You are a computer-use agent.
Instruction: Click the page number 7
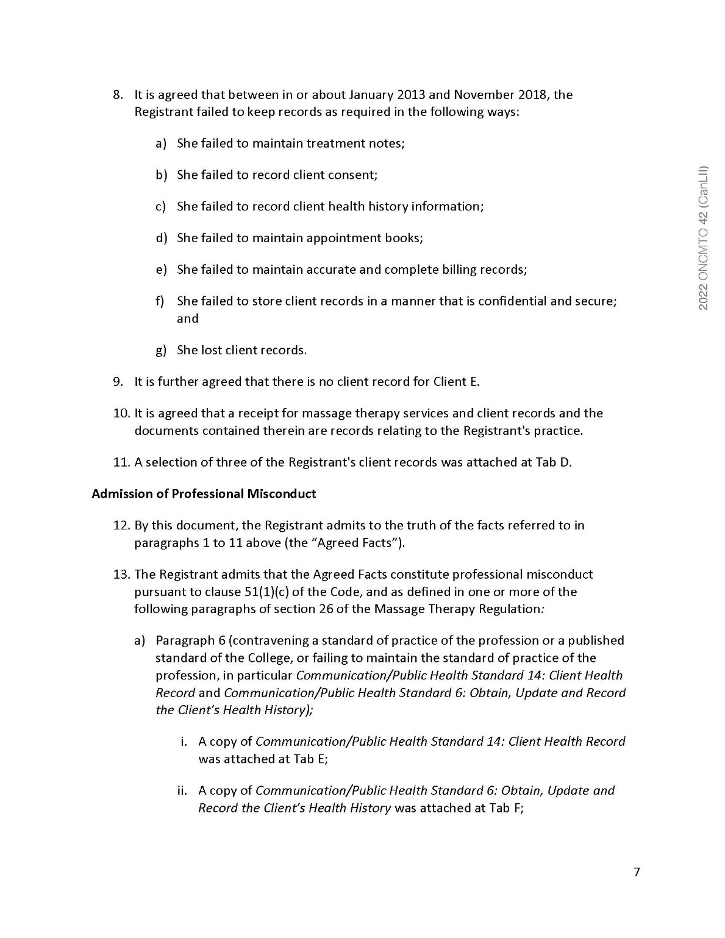coord(637,872)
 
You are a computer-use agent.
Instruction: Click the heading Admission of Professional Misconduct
coord(204,494)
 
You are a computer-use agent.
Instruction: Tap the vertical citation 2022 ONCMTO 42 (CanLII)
coord(704,237)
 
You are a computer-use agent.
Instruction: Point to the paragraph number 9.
coord(118,382)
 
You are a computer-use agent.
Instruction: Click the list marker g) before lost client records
coord(161,350)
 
